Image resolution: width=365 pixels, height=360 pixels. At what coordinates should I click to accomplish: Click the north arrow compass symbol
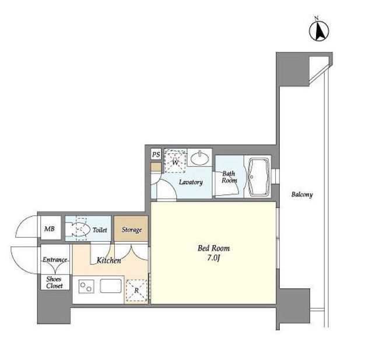coord(319,30)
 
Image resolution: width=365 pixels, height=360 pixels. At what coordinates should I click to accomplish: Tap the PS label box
coord(156,154)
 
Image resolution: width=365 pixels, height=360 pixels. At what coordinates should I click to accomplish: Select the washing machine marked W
coord(176,161)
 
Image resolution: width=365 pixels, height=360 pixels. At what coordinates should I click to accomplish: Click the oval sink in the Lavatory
coord(200,158)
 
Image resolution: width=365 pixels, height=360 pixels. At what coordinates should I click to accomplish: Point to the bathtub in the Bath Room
coord(259,177)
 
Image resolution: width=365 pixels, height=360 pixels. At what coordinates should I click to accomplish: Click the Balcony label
coord(302,195)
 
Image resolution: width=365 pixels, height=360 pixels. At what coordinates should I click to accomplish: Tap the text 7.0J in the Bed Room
coord(213,258)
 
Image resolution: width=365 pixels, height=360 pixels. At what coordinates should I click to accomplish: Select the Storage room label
coord(132,230)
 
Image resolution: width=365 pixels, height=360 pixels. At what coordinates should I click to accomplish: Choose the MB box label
coord(50,229)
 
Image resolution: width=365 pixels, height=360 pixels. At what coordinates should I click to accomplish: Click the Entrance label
coord(55,260)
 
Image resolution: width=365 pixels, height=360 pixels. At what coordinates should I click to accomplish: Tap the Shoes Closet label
coord(54,283)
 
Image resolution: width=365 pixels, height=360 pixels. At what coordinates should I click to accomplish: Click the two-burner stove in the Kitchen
coord(86,287)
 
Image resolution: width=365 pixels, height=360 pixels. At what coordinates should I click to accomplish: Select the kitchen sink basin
coord(111,286)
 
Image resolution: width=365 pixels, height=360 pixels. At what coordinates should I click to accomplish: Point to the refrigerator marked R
coord(136,291)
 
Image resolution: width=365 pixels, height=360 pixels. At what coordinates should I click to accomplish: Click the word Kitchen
coord(109,260)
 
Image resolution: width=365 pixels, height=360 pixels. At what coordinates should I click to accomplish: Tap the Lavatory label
coord(191,182)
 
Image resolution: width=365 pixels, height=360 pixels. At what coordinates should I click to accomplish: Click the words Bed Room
coord(213,248)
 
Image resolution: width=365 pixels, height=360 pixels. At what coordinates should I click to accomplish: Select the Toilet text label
coord(100,230)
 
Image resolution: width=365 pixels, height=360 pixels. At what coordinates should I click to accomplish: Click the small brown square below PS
coord(156,167)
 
